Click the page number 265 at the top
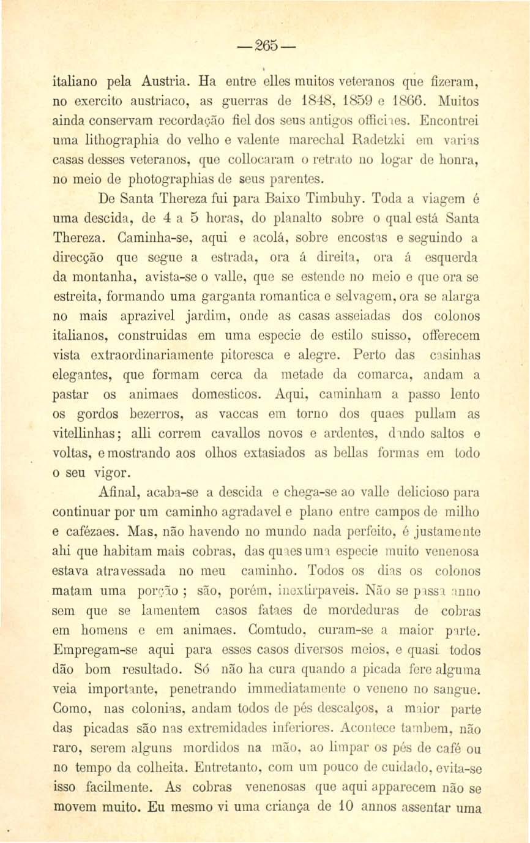click(265, 47)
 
